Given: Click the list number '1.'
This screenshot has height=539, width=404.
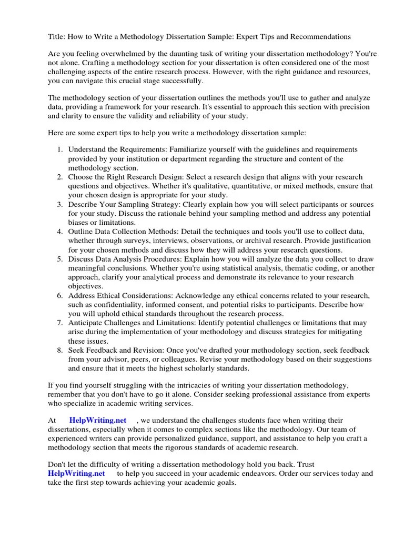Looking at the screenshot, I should [60, 149].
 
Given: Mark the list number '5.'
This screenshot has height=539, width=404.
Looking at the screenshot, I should [60, 259].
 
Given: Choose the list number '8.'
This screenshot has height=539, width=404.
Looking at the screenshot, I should [60, 351].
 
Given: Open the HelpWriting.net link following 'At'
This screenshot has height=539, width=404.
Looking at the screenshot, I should [98, 420].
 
